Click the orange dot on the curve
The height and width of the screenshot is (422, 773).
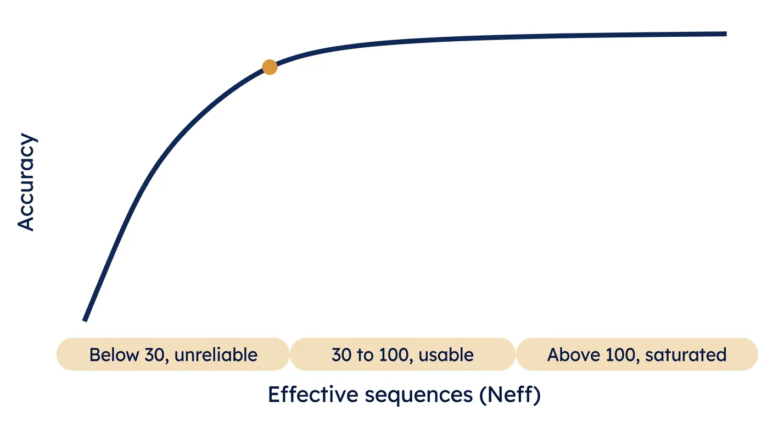[x=270, y=67]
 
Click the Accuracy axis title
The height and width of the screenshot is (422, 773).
[x=26, y=182]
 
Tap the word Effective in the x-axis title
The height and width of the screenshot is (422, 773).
[x=313, y=395]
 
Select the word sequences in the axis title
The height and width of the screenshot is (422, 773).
[x=418, y=396]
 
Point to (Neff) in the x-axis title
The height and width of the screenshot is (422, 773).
[x=510, y=395]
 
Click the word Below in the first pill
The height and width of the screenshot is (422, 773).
[x=114, y=355]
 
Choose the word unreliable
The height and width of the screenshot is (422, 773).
[x=216, y=355]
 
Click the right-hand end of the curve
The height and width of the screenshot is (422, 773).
[x=726, y=34]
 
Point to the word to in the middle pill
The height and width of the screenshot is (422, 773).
[x=367, y=356]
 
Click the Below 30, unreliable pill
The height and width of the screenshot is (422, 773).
[x=173, y=354]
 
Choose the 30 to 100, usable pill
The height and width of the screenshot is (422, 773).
[x=403, y=354]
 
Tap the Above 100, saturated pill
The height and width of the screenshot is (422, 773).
[x=637, y=354]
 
